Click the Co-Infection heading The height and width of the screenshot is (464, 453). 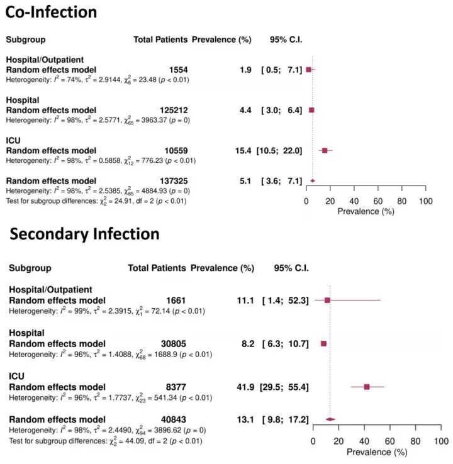tap(51, 12)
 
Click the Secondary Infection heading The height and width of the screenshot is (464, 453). tap(84, 235)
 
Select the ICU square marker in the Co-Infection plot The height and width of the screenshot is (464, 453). tap(325, 151)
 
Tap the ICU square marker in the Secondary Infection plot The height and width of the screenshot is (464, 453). tap(367, 387)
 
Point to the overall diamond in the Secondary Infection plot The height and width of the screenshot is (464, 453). tap(330, 419)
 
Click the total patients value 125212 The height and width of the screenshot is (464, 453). tap(169, 110)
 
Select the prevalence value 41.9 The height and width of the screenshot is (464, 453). tap(247, 387)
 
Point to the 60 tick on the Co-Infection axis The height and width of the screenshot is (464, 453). tap(377, 201)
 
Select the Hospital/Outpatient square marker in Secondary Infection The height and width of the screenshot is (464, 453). tap(328, 301)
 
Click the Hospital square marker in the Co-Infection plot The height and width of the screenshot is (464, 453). tap(311, 110)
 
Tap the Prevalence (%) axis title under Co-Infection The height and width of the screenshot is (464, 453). tap(366, 212)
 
